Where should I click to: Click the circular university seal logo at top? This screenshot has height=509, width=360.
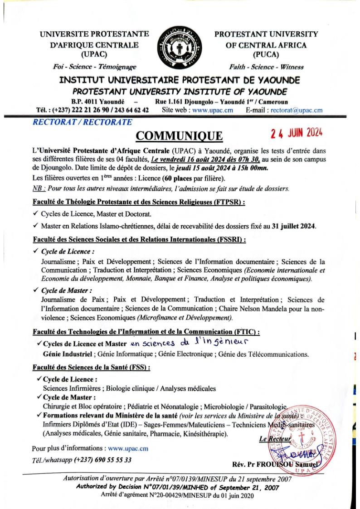click(x=180, y=50)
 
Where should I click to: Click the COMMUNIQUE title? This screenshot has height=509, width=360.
click(x=180, y=136)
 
